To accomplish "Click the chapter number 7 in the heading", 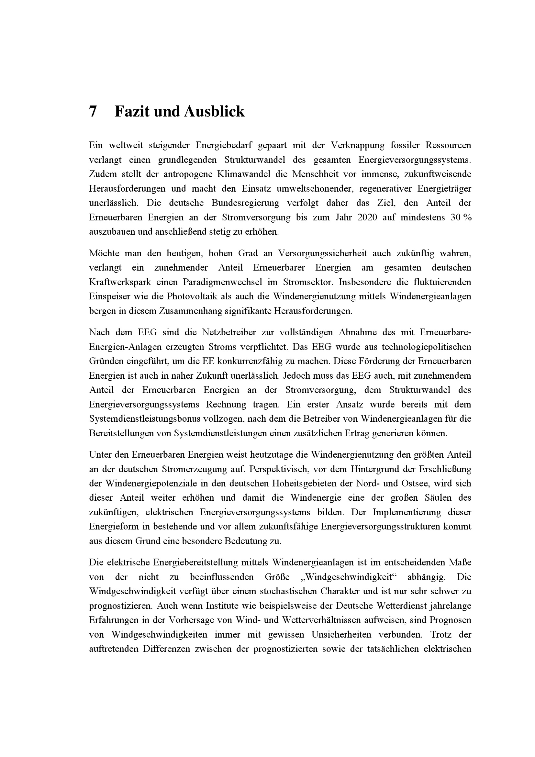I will [x=93, y=112].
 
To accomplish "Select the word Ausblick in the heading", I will [x=214, y=112].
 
